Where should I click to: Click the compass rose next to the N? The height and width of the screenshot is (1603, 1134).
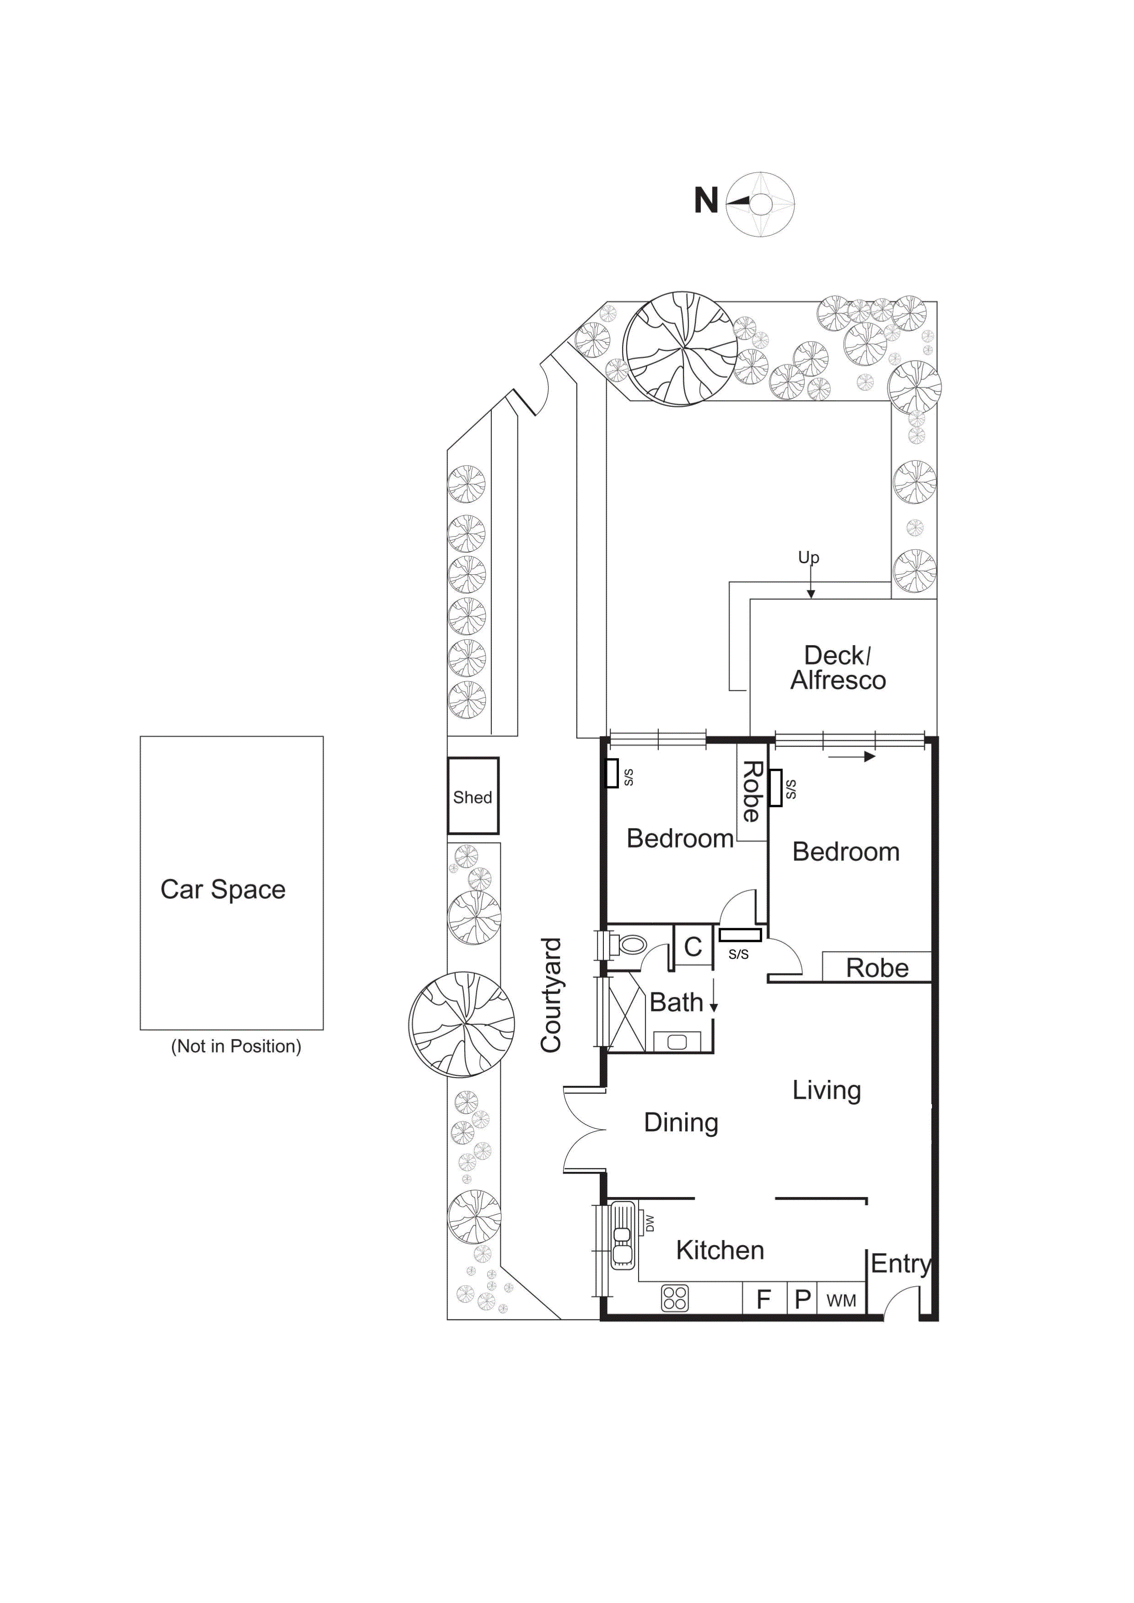click(x=761, y=204)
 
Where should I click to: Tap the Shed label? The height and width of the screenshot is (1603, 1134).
click(x=473, y=797)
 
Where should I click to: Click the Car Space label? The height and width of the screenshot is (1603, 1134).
click(x=223, y=889)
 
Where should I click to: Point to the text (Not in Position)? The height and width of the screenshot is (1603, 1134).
click(x=236, y=1046)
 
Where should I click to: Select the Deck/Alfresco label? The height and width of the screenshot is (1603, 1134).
click(x=838, y=668)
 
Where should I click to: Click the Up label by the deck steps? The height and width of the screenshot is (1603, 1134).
click(x=809, y=557)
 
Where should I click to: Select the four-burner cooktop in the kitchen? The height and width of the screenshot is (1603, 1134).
click(x=675, y=1298)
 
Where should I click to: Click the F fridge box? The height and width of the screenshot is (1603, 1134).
click(x=764, y=1299)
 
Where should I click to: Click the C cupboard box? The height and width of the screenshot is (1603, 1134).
click(x=692, y=946)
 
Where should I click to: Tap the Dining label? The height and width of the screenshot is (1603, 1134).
click(x=681, y=1122)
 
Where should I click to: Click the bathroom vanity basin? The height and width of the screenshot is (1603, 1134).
click(x=676, y=1042)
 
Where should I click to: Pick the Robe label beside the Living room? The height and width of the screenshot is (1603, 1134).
click(x=877, y=968)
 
